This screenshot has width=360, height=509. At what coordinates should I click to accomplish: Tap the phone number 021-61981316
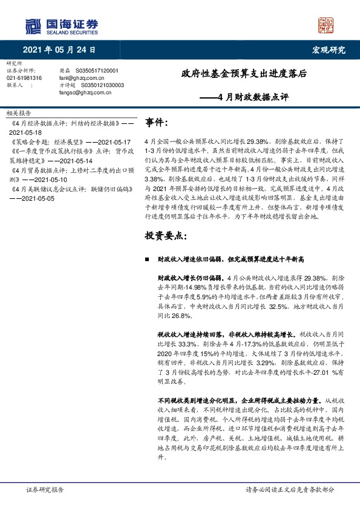[x=24, y=78]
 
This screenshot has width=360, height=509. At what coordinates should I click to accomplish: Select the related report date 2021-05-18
[x=26, y=132]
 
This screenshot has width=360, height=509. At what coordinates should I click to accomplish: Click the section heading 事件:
[x=156, y=123]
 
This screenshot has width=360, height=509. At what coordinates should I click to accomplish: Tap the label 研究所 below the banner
[x=13, y=63]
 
